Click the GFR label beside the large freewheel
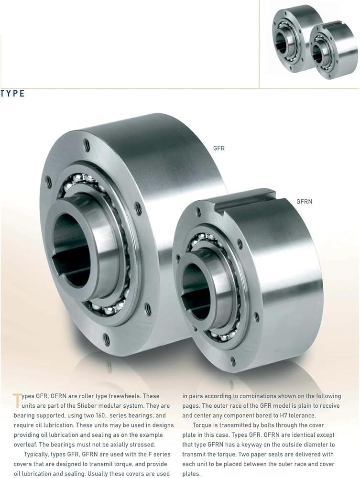219,148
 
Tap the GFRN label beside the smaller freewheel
304,202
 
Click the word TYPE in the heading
12,94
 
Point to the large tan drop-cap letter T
17,400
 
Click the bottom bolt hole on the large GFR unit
107,337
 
